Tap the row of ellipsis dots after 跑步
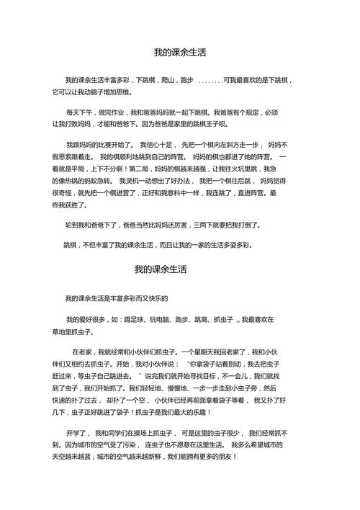pyautogui.click(x=211, y=81)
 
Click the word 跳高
pyautogui.click(x=202, y=318)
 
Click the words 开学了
pyautogui.click(x=76, y=433)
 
